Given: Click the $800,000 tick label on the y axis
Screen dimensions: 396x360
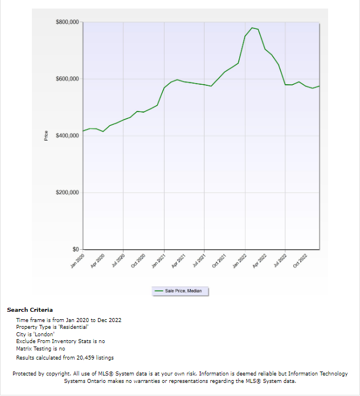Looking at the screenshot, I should pyautogui.click(x=68, y=22).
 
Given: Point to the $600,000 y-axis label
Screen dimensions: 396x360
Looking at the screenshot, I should pyautogui.click(x=68, y=79).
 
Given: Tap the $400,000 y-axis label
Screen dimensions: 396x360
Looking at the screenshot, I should pyautogui.click(x=68, y=135).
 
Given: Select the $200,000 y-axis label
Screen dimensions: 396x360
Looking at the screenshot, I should pyautogui.click(x=68, y=192).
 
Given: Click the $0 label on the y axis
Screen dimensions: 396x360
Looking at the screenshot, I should pyautogui.click(x=75, y=249).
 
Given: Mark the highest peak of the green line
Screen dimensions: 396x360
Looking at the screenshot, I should pyautogui.click(x=252, y=27).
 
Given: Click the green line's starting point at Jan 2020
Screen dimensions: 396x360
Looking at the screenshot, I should pyautogui.click(x=83, y=131).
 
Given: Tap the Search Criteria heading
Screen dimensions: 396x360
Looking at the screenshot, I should pyautogui.click(x=30, y=310).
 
